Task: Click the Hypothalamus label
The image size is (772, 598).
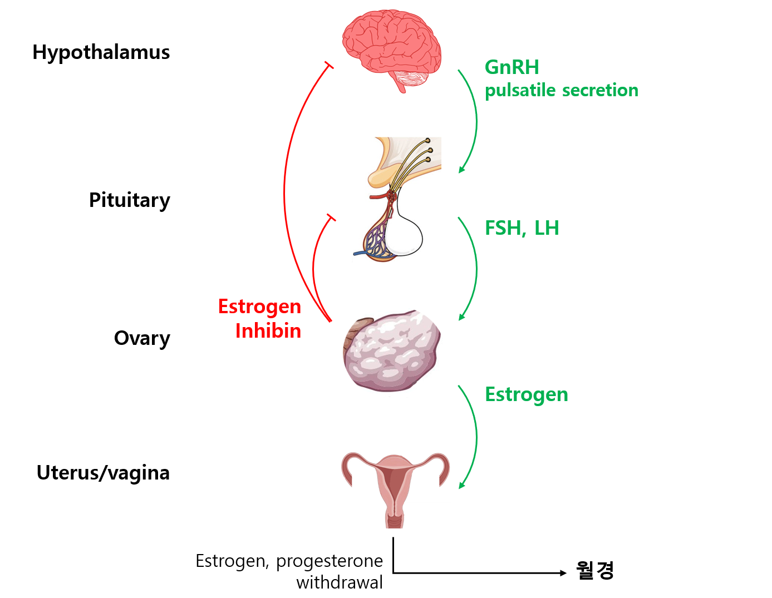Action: pyautogui.click(x=101, y=52)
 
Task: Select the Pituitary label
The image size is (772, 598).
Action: pyautogui.click(x=129, y=200)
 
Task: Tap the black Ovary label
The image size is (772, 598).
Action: pyautogui.click(x=142, y=338)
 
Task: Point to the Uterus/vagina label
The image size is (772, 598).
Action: pyautogui.click(x=103, y=473)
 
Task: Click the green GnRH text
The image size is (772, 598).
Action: pyautogui.click(x=512, y=67)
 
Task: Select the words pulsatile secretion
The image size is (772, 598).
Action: pyautogui.click(x=561, y=90)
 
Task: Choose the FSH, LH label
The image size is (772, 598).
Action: pyautogui.click(x=522, y=228)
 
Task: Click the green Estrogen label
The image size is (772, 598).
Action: pyautogui.click(x=526, y=394)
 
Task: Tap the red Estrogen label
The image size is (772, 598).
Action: pyautogui.click(x=259, y=307)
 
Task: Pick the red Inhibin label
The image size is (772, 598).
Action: pyautogui.click(x=268, y=331)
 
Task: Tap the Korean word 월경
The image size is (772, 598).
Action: pyautogui.click(x=594, y=570)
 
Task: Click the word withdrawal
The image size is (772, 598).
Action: pyautogui.click(x=340, y=582)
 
